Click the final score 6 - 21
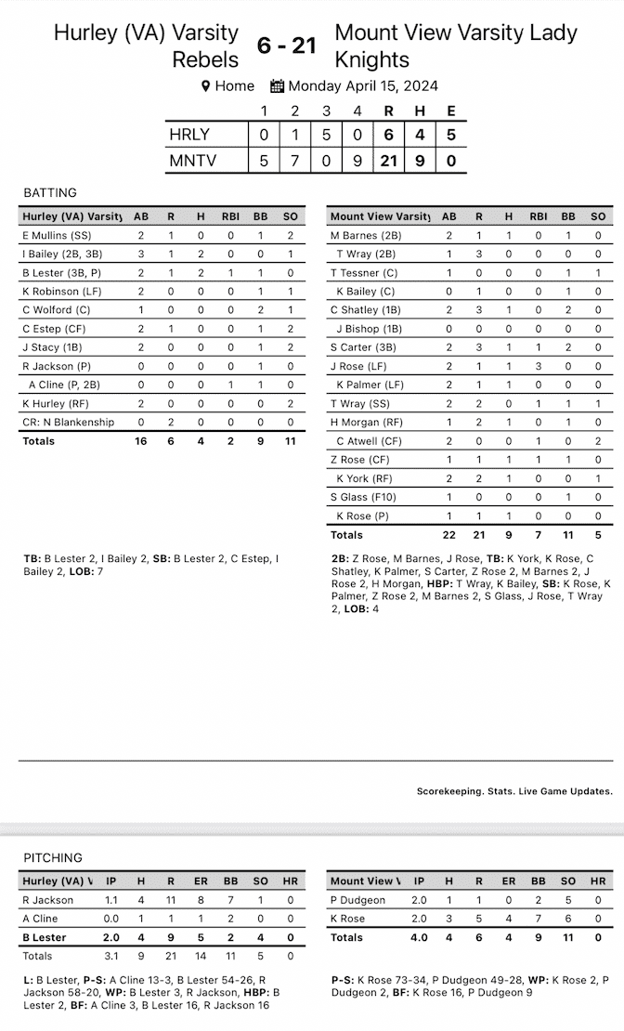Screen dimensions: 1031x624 point(287,45)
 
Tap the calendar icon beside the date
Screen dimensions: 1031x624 point(277,86)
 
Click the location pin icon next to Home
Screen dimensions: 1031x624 point(206,86)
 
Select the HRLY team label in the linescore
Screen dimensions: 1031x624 point(189,135)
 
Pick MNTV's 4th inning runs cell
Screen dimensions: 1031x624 point(358,161)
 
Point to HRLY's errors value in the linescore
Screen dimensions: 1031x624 point(450,135)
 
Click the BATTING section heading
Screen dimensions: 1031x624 point(50,193)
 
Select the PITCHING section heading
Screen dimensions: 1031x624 point(53,857)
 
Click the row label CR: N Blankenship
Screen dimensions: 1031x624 point(69,422)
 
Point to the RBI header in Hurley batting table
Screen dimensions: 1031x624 point(230,216)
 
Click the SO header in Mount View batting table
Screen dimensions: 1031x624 point(598,216)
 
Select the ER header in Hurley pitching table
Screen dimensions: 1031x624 point(201,881)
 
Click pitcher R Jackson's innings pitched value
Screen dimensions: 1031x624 point(110,900)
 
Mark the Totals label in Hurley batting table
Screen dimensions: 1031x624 point(38,441)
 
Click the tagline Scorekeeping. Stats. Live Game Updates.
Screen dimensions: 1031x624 point(514,791)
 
